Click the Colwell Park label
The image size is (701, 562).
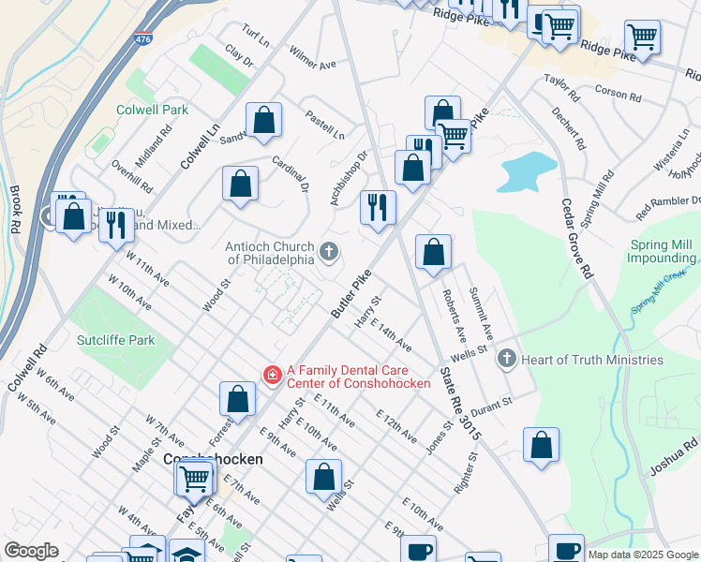(152, 110)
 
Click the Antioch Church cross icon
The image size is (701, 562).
(328, 250)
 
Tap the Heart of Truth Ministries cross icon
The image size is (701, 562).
(506, 360)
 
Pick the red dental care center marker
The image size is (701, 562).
(272, 376)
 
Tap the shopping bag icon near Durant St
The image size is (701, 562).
(541, 446)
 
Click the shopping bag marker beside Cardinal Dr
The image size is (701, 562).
(241, 184)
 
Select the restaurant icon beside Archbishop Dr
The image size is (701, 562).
(378, 208)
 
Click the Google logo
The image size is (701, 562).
(31, 552)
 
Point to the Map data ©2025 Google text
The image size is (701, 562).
(643, 555)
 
